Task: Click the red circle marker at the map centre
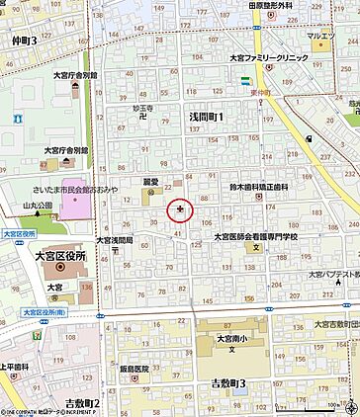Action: [179, 208]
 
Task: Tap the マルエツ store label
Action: [320, 37]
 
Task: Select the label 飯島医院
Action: [135, 369]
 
